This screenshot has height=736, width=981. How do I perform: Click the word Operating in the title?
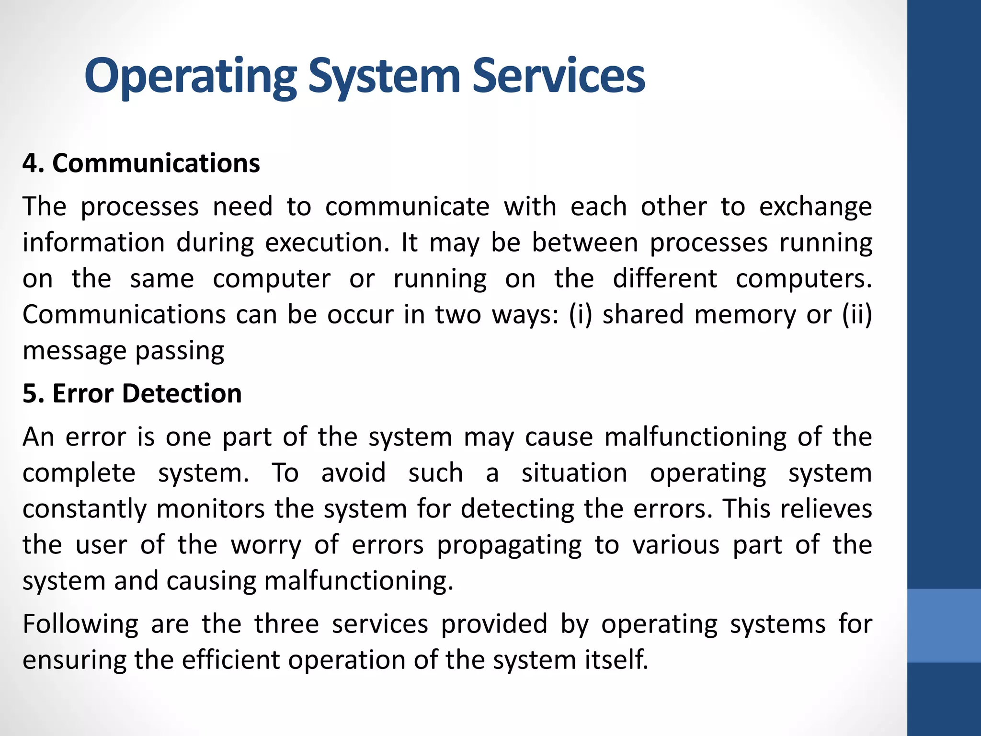click(191, 77)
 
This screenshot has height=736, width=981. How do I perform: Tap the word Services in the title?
click(559, 77)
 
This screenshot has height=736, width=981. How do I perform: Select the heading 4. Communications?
click(141, 163)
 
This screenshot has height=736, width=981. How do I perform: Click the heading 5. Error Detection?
click(132, 393)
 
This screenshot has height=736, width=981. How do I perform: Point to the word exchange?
click(815, 207)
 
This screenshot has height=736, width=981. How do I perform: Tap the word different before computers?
click(665, 278)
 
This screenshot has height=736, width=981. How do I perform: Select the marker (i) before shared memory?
click(581, 315)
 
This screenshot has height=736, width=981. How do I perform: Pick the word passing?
click(180, 351)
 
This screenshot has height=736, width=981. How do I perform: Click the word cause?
click(559, 437)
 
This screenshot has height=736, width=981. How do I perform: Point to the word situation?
click(574, 473)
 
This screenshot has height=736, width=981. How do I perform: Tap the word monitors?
click(210, 509)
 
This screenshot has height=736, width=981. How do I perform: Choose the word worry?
click(266, 545)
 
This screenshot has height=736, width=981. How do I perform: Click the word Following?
click(80, 624)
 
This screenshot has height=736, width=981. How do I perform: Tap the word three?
click(286, 624)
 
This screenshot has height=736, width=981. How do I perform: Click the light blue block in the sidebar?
click(944, 625)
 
